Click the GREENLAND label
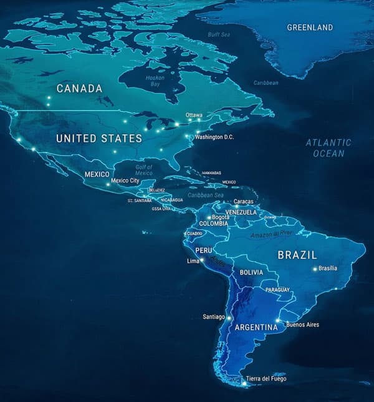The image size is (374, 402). (x=310, y=27)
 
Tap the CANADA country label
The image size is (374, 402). (x=79, y=89)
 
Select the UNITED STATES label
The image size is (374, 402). (x=99, y=138)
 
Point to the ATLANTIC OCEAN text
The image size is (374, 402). (x=328, y=148)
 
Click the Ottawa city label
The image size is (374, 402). (x=194, y=115)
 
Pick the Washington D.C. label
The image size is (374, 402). (x=214, y=137)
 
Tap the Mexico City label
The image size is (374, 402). (x=125, y=181)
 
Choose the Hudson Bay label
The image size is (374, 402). (x=155, y=81)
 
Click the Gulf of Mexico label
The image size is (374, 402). (x=144, y=169)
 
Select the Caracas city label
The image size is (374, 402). (x=243, y=202)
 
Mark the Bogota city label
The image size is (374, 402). (x=221, y=217)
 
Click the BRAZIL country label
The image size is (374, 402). (x=297, y=255)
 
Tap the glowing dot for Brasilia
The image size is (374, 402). (x=315, y=270)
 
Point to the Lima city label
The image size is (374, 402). (x=193, y=262)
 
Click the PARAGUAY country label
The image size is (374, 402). (x=277, y=290)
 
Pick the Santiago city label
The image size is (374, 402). (x=214, y=317)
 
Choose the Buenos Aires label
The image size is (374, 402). (x=302, y=325)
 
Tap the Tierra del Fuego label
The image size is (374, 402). (x=268, y=379)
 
